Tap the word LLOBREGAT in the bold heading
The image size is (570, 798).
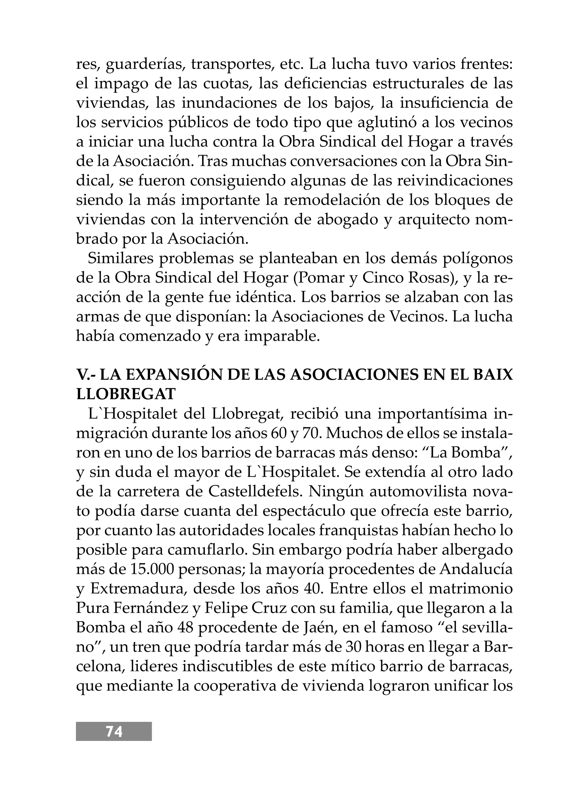[126, 395]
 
